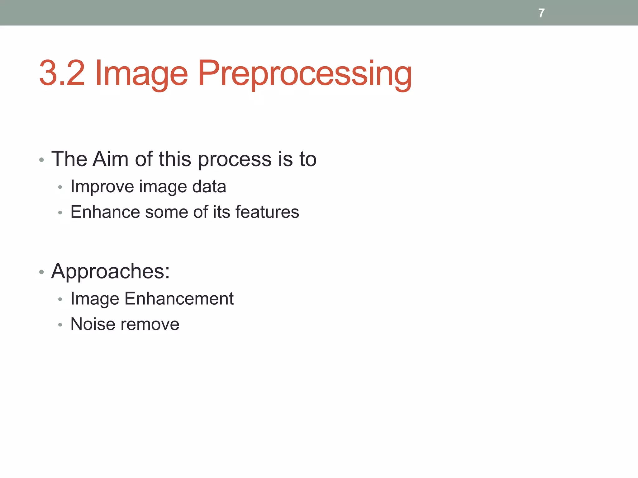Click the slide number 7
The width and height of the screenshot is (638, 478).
pyautogui.click(x=541, y=13)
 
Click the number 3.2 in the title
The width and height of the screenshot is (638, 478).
pyautogui.click(x=62, y=73)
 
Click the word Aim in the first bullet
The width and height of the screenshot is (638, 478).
pyautogui.click(x=111, y=159)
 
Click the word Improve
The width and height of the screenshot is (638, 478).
pyautogui.click(x=102, y=187)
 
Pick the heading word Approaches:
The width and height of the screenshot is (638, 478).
pyautogui.click(x=111, y=272)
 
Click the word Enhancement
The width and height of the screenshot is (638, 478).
pyautogui.click(x=179, y=298)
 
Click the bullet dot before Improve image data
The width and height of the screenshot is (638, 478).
pyautogui.click(x=60, y=188)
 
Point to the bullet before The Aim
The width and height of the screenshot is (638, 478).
pyautogui.click(x=41, y=160)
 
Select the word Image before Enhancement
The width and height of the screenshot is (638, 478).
pyautogui.click(x=95, y=299)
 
